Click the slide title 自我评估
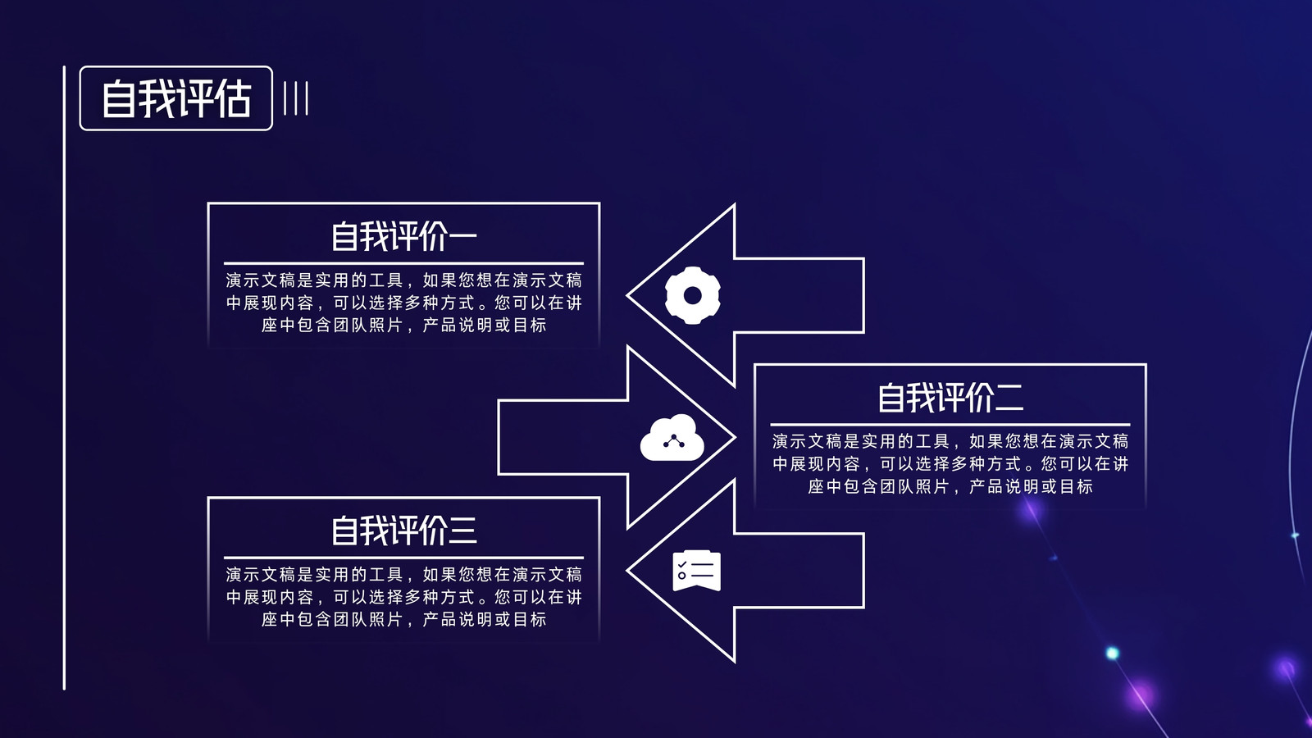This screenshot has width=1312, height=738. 176,98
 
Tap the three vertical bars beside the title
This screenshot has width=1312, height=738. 296,98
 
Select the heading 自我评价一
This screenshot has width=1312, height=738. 404,236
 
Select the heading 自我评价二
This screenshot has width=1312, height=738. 950,398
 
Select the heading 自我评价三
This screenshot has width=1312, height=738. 404,530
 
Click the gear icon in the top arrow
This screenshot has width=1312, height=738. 693,295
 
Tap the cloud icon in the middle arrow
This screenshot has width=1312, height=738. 672,438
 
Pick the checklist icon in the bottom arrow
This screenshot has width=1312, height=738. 696,571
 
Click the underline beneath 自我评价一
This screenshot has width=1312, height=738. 403,263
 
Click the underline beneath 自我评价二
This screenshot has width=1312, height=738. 950,425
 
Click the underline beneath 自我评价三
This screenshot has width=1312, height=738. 403,558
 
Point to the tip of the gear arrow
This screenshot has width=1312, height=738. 627,295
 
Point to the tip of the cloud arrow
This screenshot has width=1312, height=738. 735,438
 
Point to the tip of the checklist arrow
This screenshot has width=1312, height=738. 627,571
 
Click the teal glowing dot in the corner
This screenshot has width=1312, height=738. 1112,653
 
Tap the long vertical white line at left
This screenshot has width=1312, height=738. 65,378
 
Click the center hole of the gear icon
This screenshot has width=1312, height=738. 693,296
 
